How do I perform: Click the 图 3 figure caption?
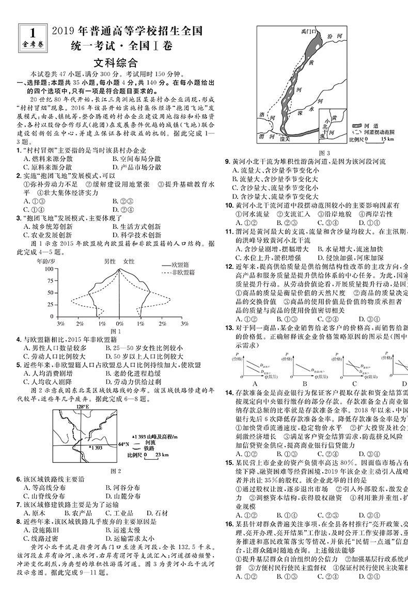click(325, 152)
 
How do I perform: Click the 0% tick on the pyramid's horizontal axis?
click(119, 323)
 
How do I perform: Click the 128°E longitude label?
click(83, 407)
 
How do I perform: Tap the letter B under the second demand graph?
click(305, 383)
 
